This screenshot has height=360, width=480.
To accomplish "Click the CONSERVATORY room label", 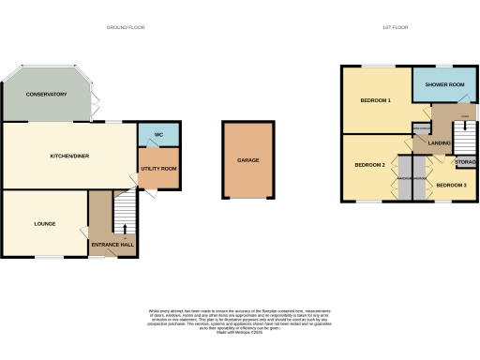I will [x=47, y=95].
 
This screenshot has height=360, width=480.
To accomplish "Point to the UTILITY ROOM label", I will [x=158, y=169].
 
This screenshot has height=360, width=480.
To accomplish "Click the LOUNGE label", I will [x=45, y=224].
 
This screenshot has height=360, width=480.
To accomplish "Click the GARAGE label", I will [x=247, y=160].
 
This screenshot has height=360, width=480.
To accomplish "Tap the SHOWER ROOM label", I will [x=444, y=85].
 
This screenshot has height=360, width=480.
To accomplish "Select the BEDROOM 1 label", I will [x=375, y=99].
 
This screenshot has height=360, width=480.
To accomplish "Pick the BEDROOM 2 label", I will [x=369, y=165].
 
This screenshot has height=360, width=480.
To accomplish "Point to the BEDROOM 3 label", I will [x=451, y=186].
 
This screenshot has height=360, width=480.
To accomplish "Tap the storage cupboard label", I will [x=465, y=163].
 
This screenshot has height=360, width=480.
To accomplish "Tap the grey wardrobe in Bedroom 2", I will [x=406, y=178].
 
